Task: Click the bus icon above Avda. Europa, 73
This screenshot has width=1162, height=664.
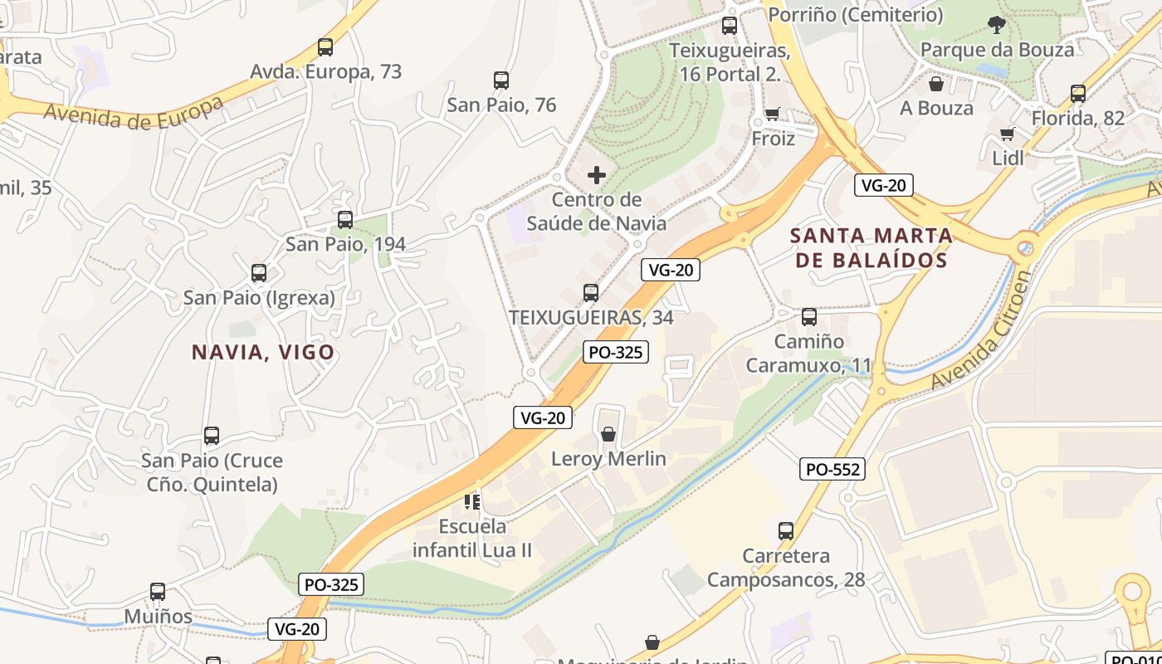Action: (x=325, y=47)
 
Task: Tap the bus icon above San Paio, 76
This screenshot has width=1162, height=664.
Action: (x=501, y=81)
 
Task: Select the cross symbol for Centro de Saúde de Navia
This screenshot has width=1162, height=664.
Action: (x=596, y=175)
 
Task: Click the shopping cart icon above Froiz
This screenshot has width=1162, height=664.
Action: (x=773, y=115)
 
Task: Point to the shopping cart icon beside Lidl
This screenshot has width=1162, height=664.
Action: (x=1008, y=134)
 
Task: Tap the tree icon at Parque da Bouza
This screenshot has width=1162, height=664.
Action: (x=996, y=25)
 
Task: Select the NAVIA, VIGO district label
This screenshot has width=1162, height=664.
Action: (x=263, y=352)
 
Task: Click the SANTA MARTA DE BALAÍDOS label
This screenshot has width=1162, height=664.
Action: (x=871, y=247)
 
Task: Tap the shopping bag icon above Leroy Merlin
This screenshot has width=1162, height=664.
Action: (x=608, y=434)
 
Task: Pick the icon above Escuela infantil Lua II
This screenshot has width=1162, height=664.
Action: (x=472, y=501)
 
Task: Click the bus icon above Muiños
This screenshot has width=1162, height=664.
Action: (x=158, y=592)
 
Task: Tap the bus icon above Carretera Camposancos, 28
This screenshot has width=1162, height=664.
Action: (x=786, y=531)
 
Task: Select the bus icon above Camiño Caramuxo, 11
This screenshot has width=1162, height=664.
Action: (x=808, y=316)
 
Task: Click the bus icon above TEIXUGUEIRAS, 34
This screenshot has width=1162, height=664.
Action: (x=590, y=292)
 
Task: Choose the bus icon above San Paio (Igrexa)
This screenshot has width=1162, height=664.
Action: (x=259, y=273)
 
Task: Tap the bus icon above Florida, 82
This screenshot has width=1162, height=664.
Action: (x=1077, y=94)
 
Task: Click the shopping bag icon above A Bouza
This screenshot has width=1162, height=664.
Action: (x=936, y=84)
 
